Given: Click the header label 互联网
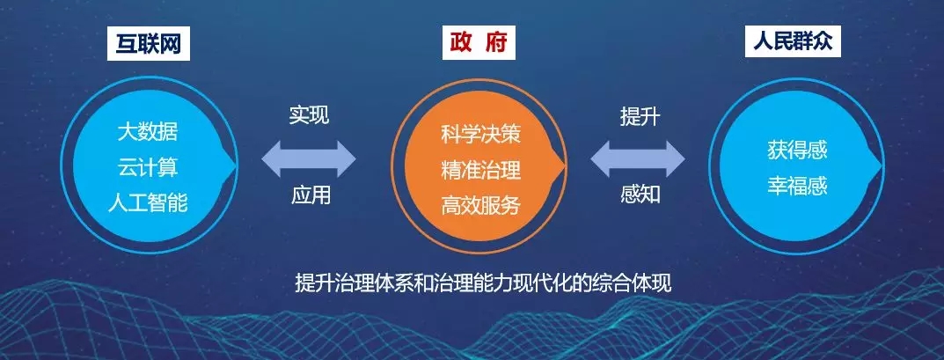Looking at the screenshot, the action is point(149,44).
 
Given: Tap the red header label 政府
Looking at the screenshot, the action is point(479,43).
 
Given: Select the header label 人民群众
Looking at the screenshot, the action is point(793,41).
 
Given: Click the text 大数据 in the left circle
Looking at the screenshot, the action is point(148,132).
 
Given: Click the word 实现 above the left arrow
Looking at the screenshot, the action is point(309,115).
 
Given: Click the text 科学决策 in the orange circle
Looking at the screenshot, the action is point(480,135).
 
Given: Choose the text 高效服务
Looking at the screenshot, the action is point(480,206).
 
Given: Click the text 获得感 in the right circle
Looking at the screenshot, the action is point(797,150).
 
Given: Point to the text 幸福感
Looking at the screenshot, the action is point(797,185).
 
